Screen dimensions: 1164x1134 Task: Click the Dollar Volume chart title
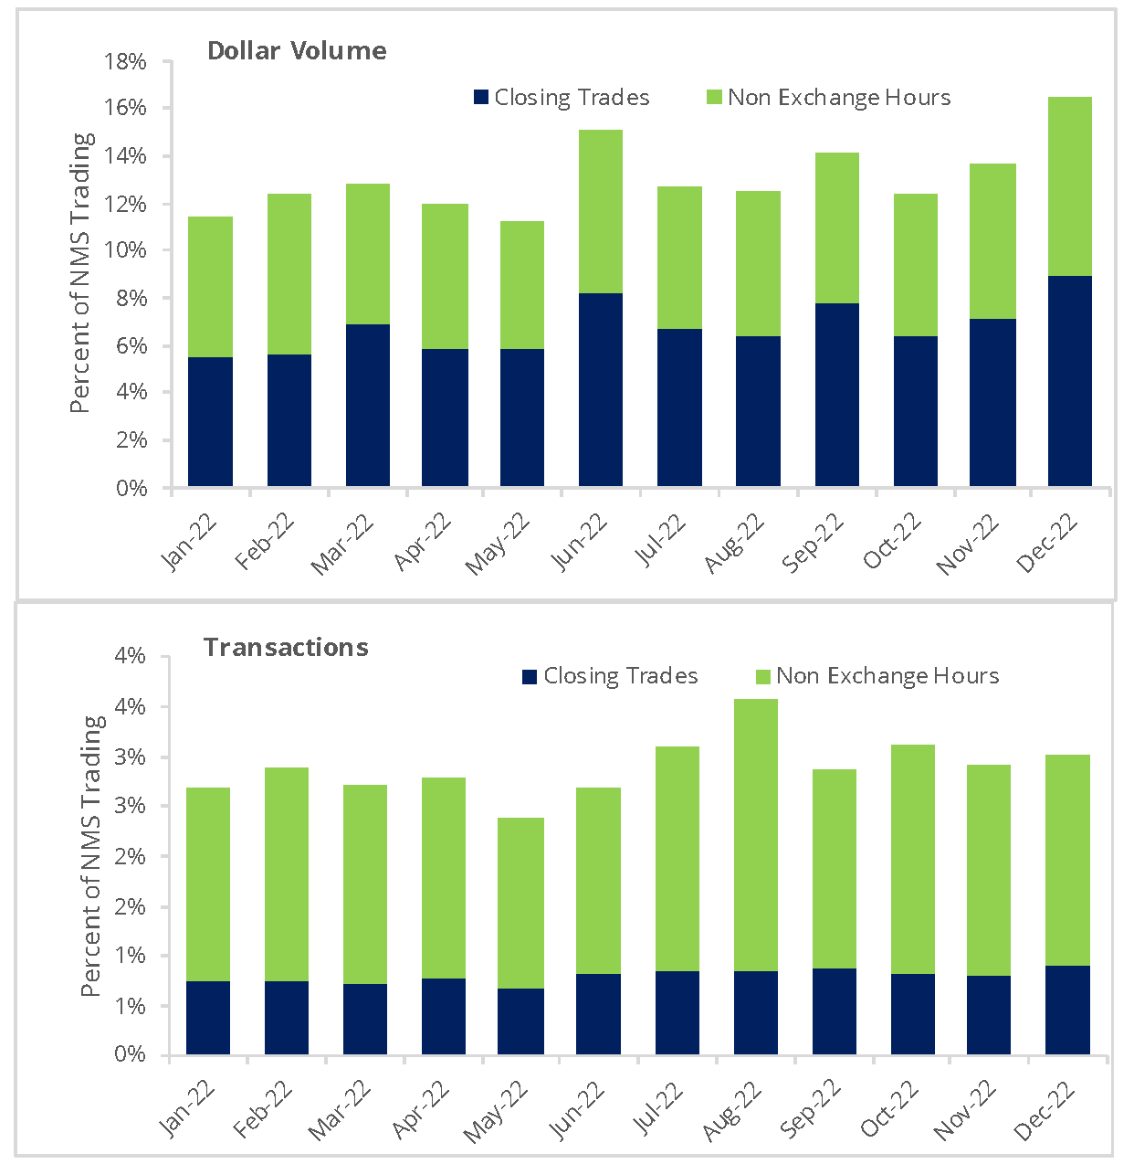pos(297,50)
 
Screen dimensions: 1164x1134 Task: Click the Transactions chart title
pos(286,647)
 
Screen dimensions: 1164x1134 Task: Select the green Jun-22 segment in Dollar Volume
pos(601,211)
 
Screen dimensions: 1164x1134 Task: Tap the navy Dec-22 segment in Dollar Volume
pos(1070,380)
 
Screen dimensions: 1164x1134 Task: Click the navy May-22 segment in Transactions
pos(521,1021)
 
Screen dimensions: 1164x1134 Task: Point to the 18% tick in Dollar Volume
pos(127,62)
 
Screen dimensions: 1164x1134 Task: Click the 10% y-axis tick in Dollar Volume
pos(127,251)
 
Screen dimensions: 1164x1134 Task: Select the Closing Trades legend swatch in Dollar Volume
pos(482,98)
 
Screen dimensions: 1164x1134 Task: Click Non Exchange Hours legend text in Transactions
pos(887,676)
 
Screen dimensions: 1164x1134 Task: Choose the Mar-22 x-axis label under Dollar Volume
pos(343,544)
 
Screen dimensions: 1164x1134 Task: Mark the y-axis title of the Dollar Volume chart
pos(82,272)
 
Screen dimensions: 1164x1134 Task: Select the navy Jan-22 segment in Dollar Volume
pos(210,421)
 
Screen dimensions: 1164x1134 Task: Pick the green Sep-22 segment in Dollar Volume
pos(837,228)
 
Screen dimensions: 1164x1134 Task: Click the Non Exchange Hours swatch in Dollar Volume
pos(715,98)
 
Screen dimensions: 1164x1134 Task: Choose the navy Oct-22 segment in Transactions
pos(913,1013)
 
